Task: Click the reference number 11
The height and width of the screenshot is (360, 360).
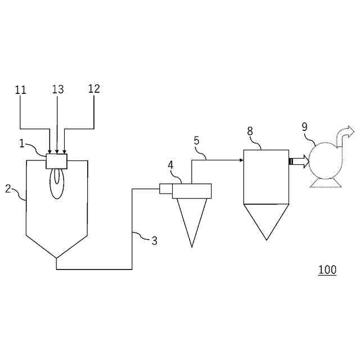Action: (x=20, y=89)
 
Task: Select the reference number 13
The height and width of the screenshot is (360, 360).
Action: (x=58, y=89)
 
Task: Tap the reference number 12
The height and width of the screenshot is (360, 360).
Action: (x=94, y=89)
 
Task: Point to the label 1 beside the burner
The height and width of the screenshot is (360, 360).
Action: (x=22, y=144)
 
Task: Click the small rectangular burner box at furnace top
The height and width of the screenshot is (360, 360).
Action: (x=56, y=161)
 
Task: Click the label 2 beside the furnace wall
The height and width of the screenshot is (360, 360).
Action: (x=8, y=188)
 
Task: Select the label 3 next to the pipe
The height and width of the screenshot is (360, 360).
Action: (x=154, y=241)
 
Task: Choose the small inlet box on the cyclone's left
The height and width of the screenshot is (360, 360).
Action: (x=165, y=189)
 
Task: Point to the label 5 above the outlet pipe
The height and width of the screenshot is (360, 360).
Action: (x=196, y=141)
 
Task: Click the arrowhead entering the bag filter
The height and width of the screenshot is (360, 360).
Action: (x=240, y=160)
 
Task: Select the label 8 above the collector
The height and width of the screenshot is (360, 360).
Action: (x=250, y=131)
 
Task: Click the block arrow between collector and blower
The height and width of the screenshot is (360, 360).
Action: (x=298, y=162)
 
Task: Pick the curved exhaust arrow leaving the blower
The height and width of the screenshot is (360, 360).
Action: (x=345, y=134)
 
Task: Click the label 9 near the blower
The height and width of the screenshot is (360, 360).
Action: (x=304, y=127)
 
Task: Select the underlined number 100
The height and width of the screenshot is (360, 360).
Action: (x=327, y=270)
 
